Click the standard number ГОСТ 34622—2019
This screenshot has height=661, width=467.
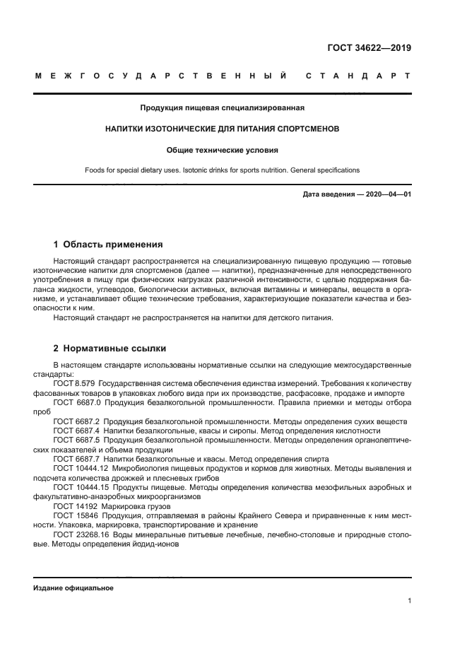pyautogui.click(x=369, y=48)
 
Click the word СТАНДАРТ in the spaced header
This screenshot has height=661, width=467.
pyautogui.click(x=358, y=76)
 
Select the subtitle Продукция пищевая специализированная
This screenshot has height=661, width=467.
pyautogui.click(x=222, y=109)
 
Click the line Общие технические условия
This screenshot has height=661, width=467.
pyautogui.click(x=222, y=150)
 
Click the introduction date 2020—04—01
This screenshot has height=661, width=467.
pyautogui.click(x=387, y=194)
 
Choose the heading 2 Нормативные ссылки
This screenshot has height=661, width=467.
pyautogui.click(x=110, y=349)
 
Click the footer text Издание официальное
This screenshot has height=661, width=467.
pyautogui.click(x=73, y=588)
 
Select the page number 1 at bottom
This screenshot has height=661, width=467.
pyautogui.click(x=409, y=601)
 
